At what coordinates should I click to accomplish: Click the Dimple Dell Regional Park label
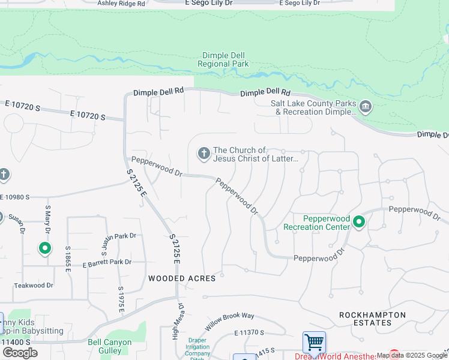point(223,59)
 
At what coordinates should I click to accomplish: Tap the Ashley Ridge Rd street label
point(121,4)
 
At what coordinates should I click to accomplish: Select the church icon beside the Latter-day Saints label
point(203,154)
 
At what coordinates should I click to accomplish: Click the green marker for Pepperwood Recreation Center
point(359,223)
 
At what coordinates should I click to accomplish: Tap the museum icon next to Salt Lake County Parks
point(366,107)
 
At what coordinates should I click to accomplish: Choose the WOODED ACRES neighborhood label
point(182,278)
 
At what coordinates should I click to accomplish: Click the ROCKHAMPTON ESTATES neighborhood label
point(372,319)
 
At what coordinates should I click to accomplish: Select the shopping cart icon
point(315,343)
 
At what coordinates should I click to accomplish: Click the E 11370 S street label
point(254,332)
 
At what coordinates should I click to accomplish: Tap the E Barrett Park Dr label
point(107,262)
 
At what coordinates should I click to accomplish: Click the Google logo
point(20,353)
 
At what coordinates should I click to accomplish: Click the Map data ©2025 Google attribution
point(412,355)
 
